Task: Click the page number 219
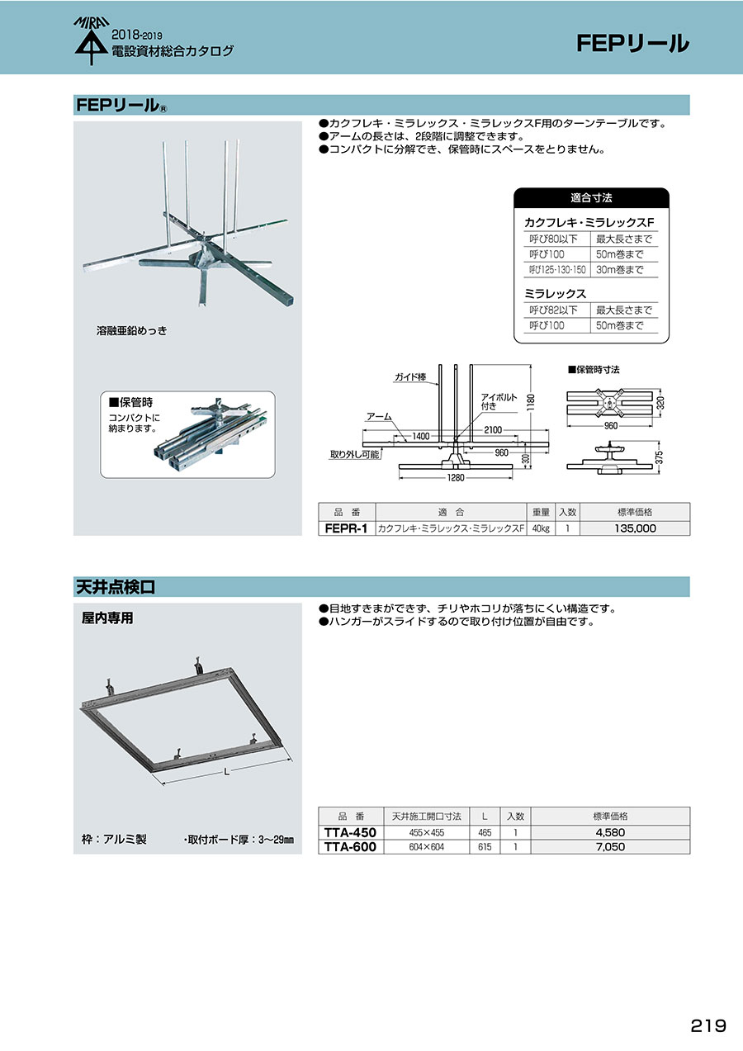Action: pyautogui.click(x=708, y=1025)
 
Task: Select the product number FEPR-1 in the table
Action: pyautogui.click(x=346, y=528)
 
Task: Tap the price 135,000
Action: pyautogui.click(x=635, y=528)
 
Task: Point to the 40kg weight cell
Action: pyautogui.click(x=539, y=528)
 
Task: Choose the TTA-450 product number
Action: pyautogui.click(x=350, y=833)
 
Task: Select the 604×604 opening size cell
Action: pyautogui.click(x=427, y=847)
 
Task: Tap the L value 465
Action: pyautogui.click(x=485, y=833)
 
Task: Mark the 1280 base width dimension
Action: pyautogui.click(x=457, y=477)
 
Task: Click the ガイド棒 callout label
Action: pyautogui.click(x=409, y=376)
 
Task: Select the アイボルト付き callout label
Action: pyautogui.click(x=499, y=401)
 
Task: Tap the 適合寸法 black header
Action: pyautogui.click(x=591, y=199)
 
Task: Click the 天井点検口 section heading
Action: pyautogui.click(x=116, y=587)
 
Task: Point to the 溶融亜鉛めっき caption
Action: pyautogui.click(x=132, y=330)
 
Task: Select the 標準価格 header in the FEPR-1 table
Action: pyautogui.click(x=635, y=512)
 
